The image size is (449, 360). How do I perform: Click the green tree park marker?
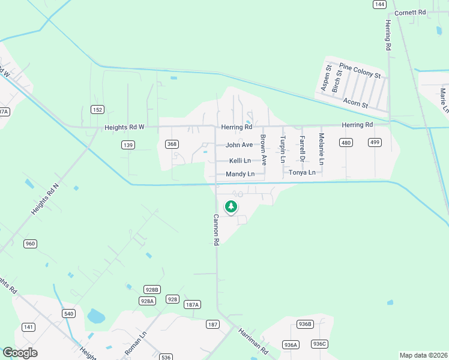coord(231,207)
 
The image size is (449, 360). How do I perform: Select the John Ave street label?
coord(239,145)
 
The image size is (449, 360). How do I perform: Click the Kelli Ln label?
coord(240,160)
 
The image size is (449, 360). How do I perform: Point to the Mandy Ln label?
coord(240,174)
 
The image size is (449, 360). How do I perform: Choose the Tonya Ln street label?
coord(302,172)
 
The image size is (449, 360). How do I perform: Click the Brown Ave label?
coord(263,150)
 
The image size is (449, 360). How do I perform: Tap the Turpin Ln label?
coord(283,150)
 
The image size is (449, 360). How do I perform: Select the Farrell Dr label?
coord(302,150)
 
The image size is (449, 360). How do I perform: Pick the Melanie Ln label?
coord(321,150)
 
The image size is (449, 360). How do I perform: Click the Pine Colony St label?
coord(360,71)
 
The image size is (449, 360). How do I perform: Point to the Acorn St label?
coord(356,104)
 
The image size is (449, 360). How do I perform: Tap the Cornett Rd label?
coord(410,12)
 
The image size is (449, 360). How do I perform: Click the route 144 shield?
coord(379,4)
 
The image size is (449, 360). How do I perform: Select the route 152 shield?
coord(97,109)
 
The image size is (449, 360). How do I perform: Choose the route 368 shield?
coord(172,144)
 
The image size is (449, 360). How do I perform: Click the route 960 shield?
coord(30,244)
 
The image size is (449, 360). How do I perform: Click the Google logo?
coord(20,353)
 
